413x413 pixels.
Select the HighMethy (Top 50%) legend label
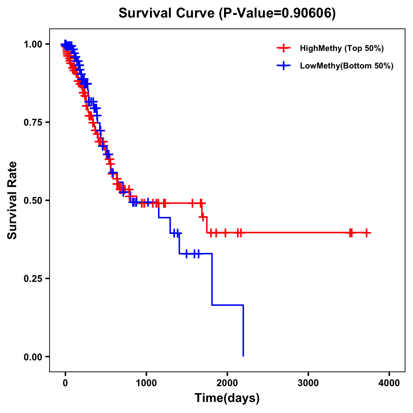pyautogui.click(x=341, y=48)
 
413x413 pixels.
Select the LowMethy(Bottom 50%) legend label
pyautogui.click(x=347, y=66)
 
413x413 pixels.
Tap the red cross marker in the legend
pyautogui.click(x=283, y=48)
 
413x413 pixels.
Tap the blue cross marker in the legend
pyautogui.click(x=283, y=66)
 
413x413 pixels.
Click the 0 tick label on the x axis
pyautogui.click(x=65, y=383)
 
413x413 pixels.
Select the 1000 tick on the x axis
pyautogui.click(x=146, y=383)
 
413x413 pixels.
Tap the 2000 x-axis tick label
pyautogui.click(x=227, y=383)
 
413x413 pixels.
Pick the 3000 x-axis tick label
pyautogui.click(x=308, y=383)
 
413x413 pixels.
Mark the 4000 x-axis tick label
pyautogui.click(x=389, y=383)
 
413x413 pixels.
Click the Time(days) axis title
pyautogui.click(x=227, y=398)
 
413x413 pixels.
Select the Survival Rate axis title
pyautogui.click(x=12, y=200)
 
